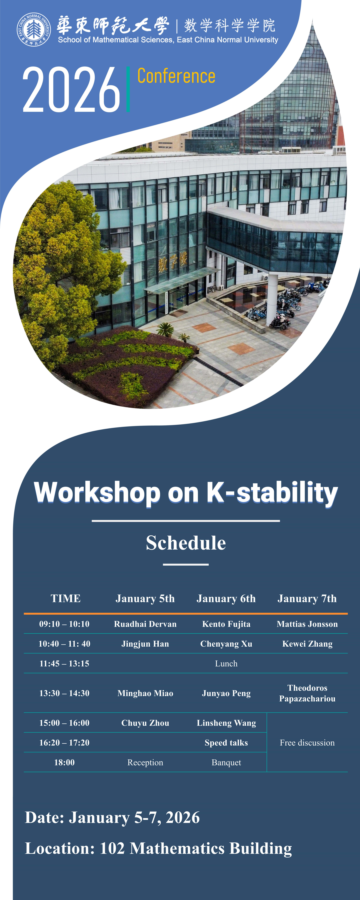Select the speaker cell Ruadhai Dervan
coord(145,624)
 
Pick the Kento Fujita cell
coord(226,624)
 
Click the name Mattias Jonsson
coord(307,624)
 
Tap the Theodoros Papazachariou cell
coord(307,693)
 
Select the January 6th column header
coord(226,598)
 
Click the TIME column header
coord(66,598)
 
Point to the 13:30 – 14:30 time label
coord(64,693)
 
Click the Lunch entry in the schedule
coord(226,663)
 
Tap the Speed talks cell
coord(226,743)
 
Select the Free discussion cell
coord(307,743)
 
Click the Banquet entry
coord(226,762)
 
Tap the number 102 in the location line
coord(112,848)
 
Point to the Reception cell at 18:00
coord(145,762)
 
